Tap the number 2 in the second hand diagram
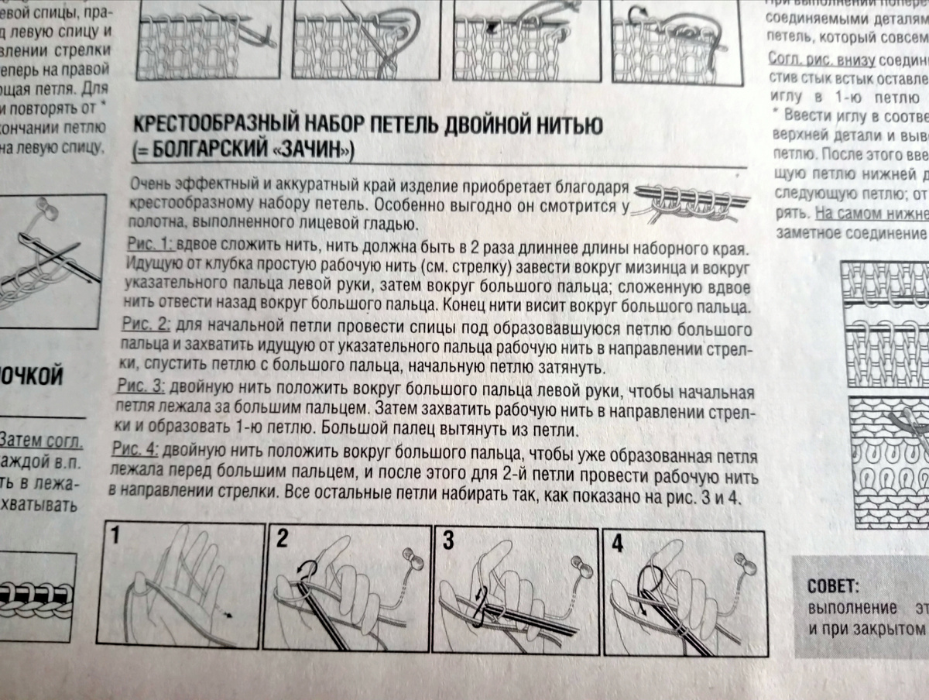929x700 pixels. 281,540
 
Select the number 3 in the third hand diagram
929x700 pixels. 448,541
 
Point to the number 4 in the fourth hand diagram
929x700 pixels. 617,543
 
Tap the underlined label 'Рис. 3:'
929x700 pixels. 139,385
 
